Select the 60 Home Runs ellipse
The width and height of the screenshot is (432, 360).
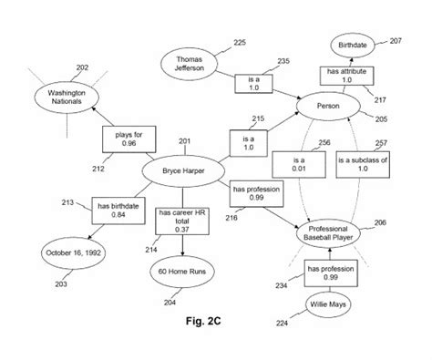pos(181,271)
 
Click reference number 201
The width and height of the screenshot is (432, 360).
pos(186,139)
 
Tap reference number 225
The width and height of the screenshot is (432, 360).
pos(240,42)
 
